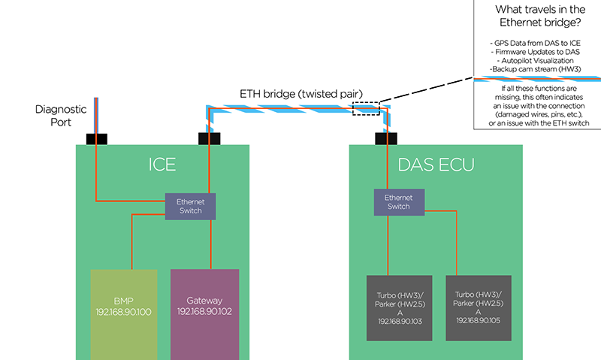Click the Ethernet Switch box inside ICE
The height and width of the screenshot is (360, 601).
[190, 207]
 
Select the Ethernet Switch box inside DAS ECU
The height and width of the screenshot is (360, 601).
[398, 201]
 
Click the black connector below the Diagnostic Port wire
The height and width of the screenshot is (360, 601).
[97, 139]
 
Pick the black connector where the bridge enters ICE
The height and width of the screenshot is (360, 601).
[208, 139]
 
